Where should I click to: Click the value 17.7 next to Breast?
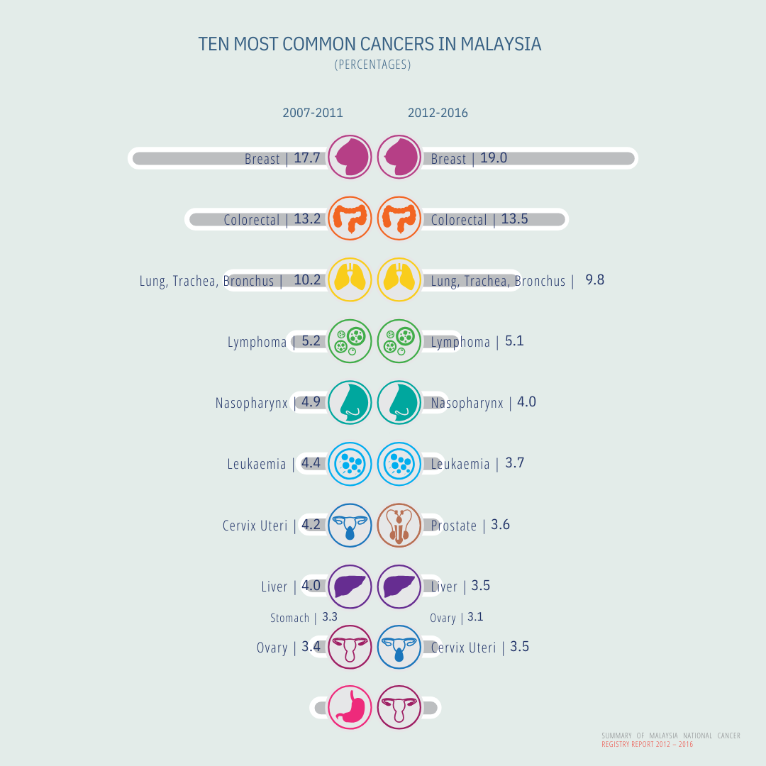[x=307, y=157]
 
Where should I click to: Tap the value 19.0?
[x=494, y=157]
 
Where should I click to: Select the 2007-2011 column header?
[x=313, y=113]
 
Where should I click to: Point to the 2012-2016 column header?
[x=438, y=113]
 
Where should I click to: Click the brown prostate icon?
[x=399, y=525]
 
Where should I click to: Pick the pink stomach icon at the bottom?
[x=350, y=707]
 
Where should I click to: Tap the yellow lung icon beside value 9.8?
[x=399, y=279]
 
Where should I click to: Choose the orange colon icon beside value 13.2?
[x=350, y=218]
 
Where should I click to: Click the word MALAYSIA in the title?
[x=501, y=44]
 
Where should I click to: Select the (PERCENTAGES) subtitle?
[x=372, y=65]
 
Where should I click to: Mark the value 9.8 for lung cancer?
[x=594, y=279]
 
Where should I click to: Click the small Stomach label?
[x=289, y=618]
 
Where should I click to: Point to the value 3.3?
[x=330, y=617]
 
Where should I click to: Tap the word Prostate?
[x=454, y=526]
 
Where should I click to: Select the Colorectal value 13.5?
[x=514, y=218]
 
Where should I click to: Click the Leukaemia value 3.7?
[x=515, y=463]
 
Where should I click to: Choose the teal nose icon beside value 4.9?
[x=350, y=402]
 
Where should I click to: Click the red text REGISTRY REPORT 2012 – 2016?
[x=647, y=744]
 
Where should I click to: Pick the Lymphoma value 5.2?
[x=311, y=340]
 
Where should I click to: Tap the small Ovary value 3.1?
[x=475, y=617]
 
